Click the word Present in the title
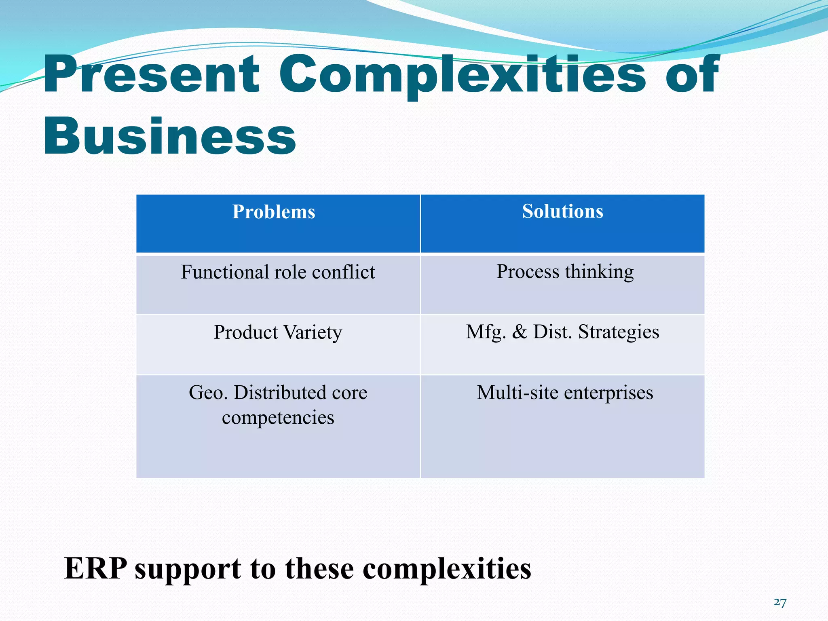click(151, 75)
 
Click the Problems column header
click(274, 212)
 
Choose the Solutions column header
click(562, 211)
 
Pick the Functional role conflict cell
click(278, 272)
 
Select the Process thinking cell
click(565, 272)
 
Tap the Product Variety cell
click(278, 332)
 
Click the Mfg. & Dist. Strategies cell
click(562, 332)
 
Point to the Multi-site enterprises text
click(565, 393)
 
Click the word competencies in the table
click(278, 418)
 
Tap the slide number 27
click(780, 603)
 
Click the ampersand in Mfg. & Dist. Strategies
click(520, 332)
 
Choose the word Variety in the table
click(313, 333)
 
